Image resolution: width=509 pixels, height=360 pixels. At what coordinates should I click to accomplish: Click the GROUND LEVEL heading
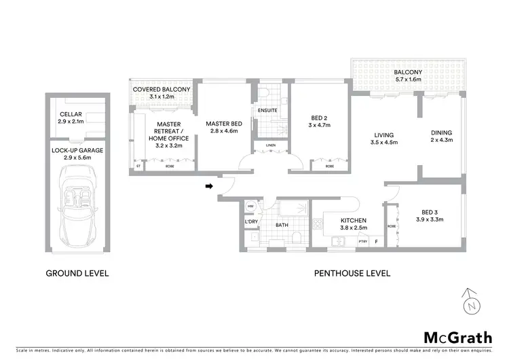pos(77,274)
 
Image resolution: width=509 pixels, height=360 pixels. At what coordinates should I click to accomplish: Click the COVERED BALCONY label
pos(162,90)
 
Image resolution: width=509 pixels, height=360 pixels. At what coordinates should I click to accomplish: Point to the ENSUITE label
pos(268,111)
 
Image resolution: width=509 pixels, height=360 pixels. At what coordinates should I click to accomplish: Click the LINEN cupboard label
pos(270,145)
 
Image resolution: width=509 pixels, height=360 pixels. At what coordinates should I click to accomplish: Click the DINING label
pos(441,133)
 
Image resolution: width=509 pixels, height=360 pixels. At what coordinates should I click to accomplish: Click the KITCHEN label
pos(354,221)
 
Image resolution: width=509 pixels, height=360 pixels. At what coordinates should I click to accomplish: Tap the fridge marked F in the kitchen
pos(376,240)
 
